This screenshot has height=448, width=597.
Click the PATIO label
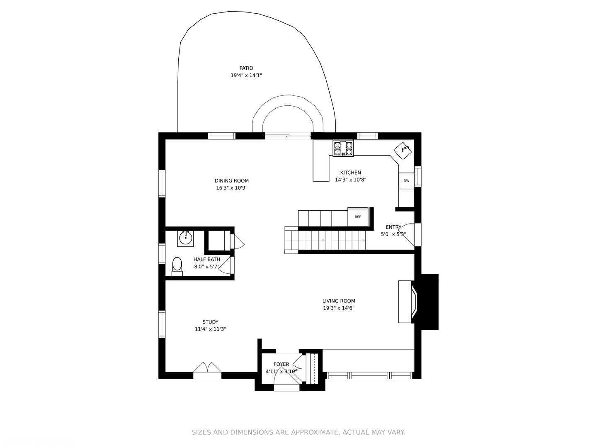(x=246, y=68)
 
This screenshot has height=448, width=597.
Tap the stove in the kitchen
(x=343, y=149)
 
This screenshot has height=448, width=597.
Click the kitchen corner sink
(x=403, y=151)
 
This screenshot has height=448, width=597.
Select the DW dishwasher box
(x=406, y=180)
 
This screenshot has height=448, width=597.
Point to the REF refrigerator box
(x=358, y=217)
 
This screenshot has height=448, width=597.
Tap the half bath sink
(x=185, y=239)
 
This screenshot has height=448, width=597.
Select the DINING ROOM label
(x=232, y=180)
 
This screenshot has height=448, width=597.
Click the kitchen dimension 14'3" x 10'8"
(x=351, y=180)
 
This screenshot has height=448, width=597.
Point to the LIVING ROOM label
(x=339, y=301)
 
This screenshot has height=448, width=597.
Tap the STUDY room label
(x=210, y=322)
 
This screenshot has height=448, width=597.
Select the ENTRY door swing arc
(x=406, y=235)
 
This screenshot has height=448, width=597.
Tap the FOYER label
(x=281, y=364)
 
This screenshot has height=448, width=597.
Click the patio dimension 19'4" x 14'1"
(x=246, y=75)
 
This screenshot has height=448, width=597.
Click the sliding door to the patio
(x=288, y=136)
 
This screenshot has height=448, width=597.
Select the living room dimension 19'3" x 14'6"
(x=339, y=308)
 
